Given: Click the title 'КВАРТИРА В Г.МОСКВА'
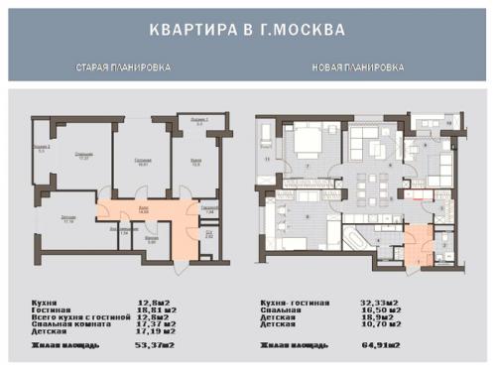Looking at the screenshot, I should (247, 30).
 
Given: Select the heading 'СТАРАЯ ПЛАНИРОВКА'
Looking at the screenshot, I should (123, 67).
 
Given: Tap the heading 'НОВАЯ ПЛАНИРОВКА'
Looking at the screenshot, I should (358, 67).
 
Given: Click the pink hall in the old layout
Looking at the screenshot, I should (144, 213).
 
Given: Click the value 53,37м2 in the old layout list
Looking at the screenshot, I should (158, 344).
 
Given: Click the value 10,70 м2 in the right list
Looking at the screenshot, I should (380, 324).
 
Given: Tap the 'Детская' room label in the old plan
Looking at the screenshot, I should (66, 219).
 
